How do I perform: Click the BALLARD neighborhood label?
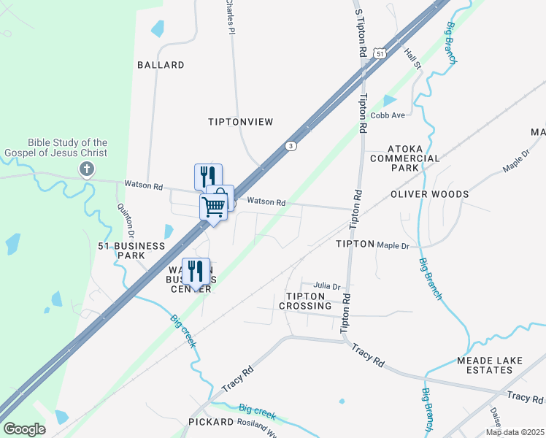(161, 65)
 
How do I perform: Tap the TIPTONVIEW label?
(240, 122)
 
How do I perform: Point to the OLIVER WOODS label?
(429, 195)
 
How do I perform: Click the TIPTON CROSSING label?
(309, 301)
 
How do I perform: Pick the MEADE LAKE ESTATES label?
(494, 365)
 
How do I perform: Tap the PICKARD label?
(210, 422)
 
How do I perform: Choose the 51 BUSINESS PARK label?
(131, 251)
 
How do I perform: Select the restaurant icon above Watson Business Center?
(195, 271)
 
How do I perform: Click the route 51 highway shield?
(378, 53)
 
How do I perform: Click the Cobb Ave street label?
(388, 115)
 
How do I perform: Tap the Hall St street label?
(413, 55)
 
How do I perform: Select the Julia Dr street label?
(328, 286)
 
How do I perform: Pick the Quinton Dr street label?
(124, 220)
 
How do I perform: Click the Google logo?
(25, 429)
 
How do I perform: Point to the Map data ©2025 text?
(515, 432)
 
